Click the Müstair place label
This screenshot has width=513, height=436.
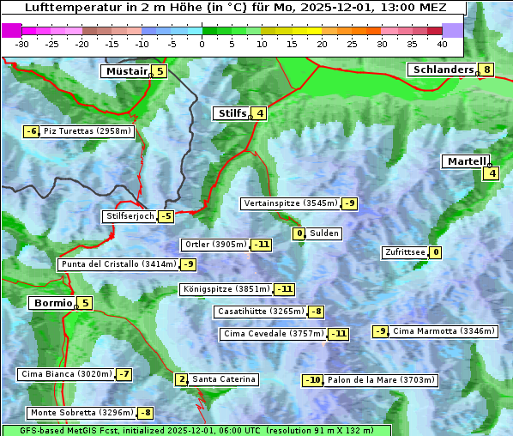(125, 71)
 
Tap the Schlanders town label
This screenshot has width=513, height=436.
(442, 70)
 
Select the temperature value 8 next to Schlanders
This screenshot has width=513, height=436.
(487, 70)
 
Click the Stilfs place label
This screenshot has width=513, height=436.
(230, 113)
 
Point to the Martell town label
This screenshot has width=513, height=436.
(465, 161)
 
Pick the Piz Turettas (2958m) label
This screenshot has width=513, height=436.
(88, 131)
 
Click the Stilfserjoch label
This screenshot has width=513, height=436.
(130, 216)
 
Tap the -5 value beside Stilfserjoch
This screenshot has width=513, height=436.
(166, 216)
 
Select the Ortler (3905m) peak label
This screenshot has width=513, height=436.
(215, 245)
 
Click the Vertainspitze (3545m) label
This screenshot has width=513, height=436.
(290, 203)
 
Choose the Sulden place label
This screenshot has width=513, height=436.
(324, 233)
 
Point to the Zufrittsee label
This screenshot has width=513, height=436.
(404, 252)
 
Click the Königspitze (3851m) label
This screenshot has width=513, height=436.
(226, 289)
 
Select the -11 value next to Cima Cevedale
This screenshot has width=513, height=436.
(339, 334)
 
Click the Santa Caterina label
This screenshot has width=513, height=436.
(223, 379)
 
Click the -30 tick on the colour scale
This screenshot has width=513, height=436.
(22, 43)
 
